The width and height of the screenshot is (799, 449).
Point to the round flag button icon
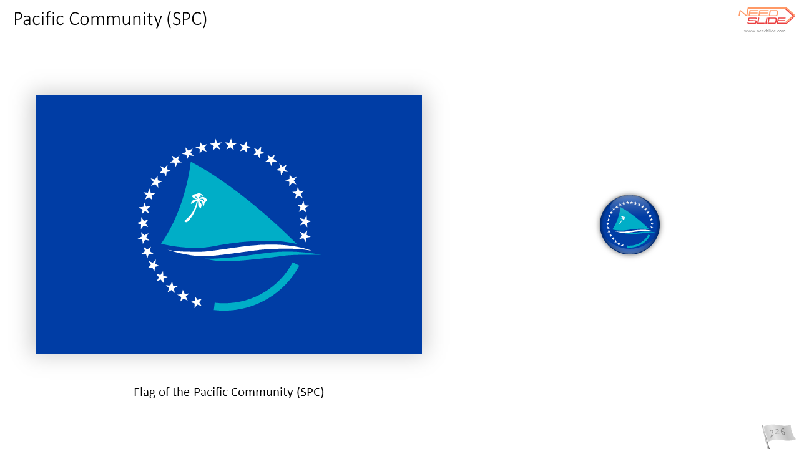630,224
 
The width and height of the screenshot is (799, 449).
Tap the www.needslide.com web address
765,31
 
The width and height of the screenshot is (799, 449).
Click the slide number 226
778,433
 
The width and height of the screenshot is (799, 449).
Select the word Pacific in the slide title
39,19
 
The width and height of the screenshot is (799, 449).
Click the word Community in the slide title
115,19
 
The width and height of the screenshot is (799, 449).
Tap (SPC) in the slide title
187,19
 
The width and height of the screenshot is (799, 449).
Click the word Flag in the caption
144,392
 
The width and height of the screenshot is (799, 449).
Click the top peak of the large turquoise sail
191,163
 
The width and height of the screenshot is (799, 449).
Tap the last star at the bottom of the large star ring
196,302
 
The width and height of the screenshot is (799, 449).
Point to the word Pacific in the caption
210,392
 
